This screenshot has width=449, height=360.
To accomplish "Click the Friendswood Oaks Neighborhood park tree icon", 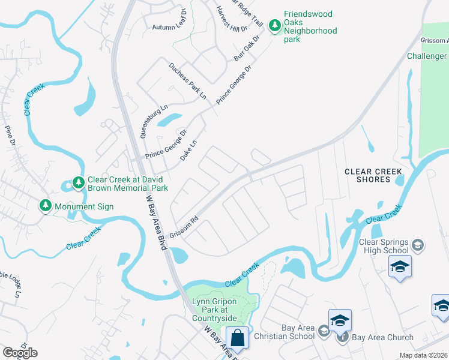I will (275, 25).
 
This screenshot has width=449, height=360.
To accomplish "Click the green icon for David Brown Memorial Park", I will (78, 181).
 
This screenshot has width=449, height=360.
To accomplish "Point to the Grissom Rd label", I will (184, 227).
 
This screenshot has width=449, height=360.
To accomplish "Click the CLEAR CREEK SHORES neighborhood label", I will (373, 175).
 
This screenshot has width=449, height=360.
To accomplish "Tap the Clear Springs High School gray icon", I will (418, 245).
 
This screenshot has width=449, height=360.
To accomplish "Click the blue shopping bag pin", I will (238, 337).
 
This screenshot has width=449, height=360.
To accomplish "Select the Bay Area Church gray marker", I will (342, 337).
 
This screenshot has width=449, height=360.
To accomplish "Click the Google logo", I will (20, 353).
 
